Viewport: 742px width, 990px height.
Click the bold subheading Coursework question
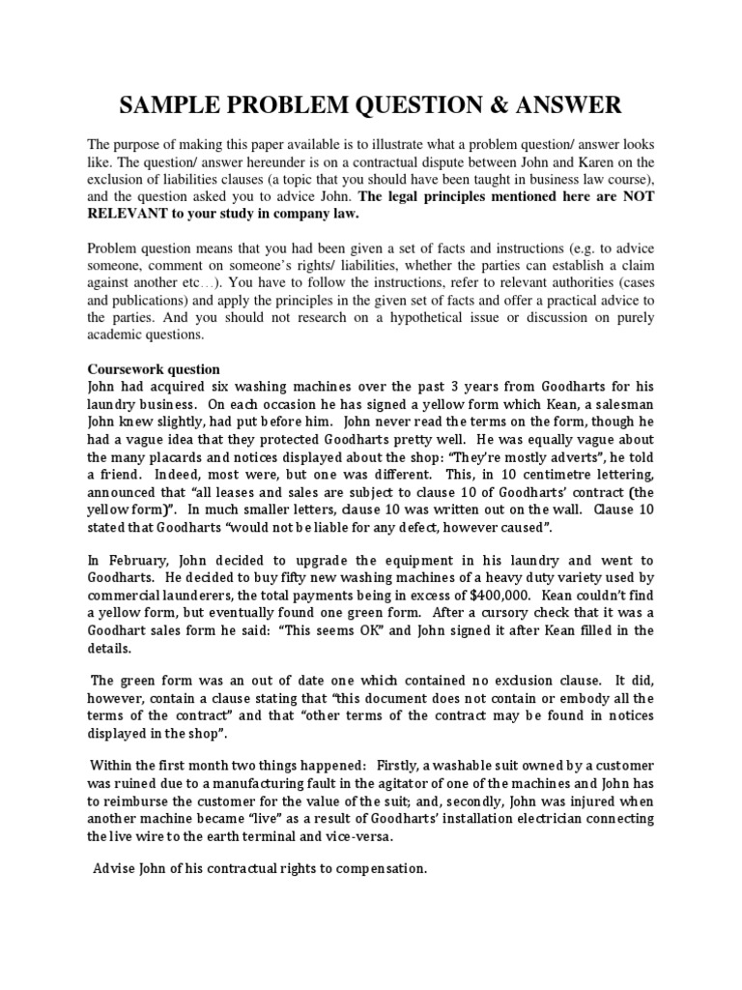154,369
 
